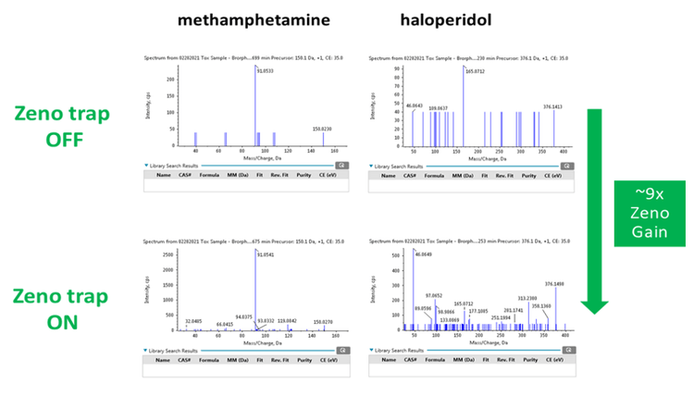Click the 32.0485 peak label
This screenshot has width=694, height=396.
tap(193, 321)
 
